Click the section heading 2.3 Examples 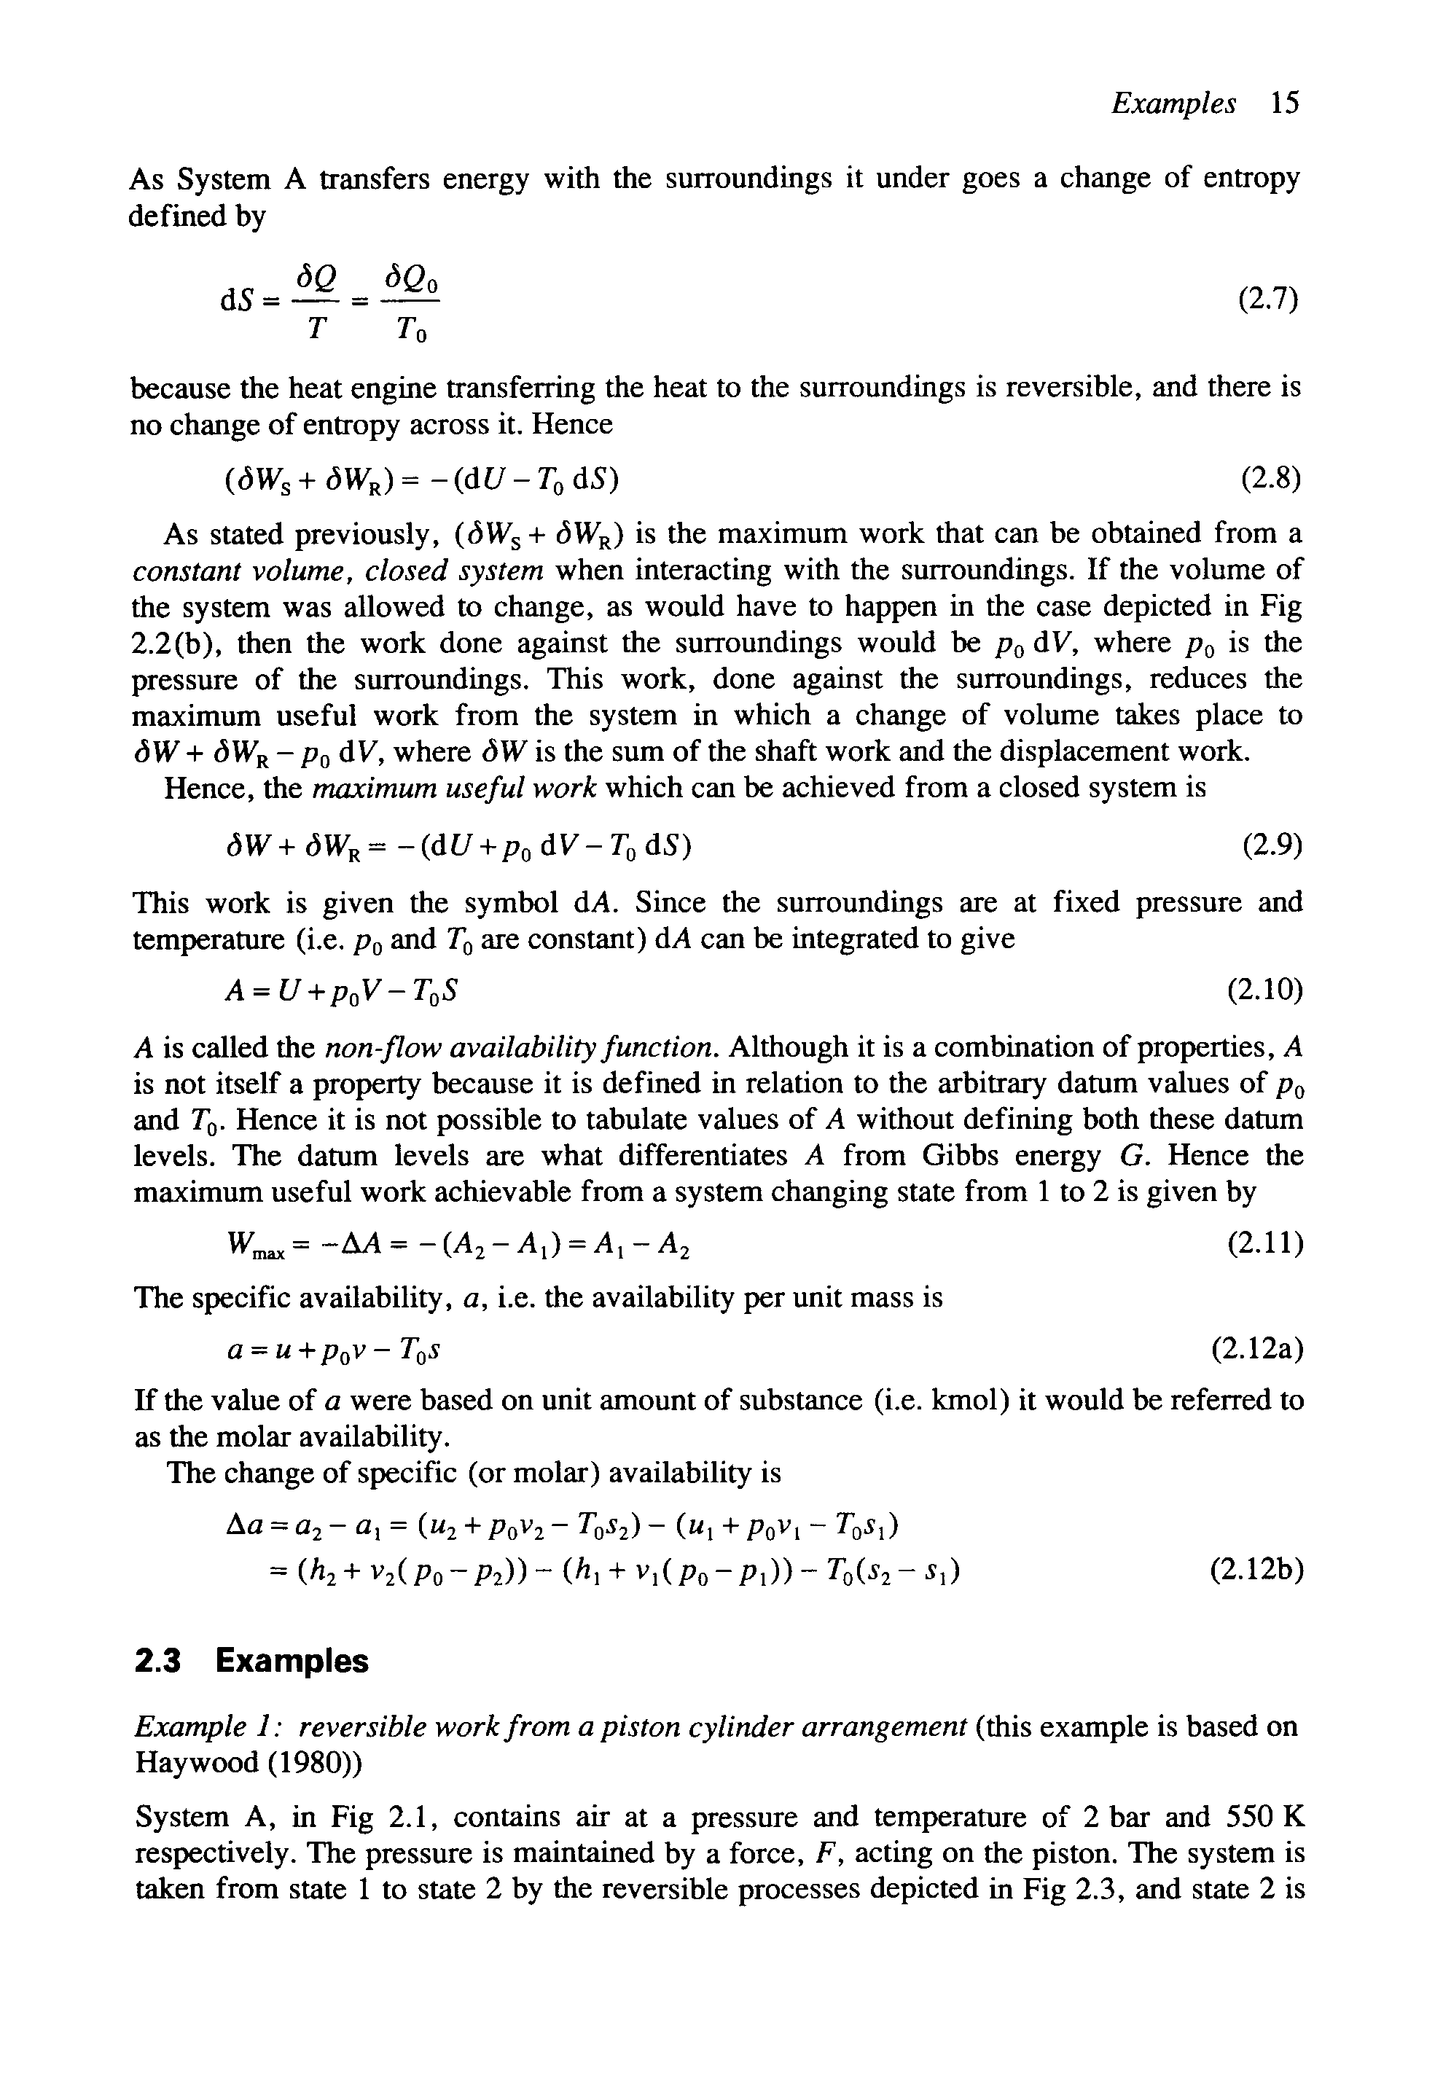point(251,1661)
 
